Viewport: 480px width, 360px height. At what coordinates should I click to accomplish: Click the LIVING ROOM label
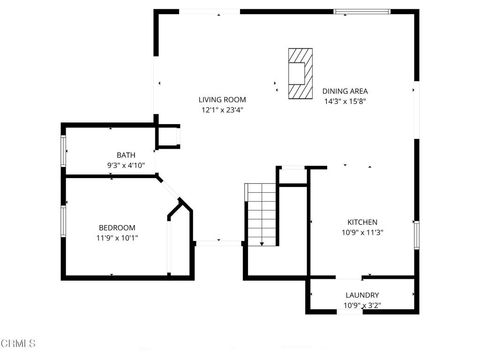click(222, 99)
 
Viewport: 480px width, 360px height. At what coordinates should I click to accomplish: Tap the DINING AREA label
click(346, 91)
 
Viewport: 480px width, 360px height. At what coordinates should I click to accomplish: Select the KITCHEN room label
click(362, 222)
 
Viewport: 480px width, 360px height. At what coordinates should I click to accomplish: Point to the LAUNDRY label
click(361, 295)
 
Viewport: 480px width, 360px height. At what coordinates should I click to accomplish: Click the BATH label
click(126, 154)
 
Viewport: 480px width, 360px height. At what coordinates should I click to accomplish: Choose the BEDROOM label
click(117, 227)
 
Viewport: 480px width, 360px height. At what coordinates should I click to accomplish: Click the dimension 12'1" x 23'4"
click(222, 110)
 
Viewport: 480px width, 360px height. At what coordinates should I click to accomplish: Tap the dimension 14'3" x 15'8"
click(346, 101)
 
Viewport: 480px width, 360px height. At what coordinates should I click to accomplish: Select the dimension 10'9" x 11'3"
click(362, 233)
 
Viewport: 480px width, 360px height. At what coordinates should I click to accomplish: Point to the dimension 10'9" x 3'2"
click(361, 305)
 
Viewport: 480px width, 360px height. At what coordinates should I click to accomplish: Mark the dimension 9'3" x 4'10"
click(126, 165)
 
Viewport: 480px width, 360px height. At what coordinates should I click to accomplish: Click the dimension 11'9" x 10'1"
click(117, 238)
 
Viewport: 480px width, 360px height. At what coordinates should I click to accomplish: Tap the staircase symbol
click(260, 214)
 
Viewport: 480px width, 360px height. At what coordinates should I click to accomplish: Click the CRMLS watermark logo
click(19, 343)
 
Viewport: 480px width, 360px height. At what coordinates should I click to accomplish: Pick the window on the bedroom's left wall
click(63, 222)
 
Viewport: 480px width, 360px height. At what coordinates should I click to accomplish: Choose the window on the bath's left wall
click(63, 151)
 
